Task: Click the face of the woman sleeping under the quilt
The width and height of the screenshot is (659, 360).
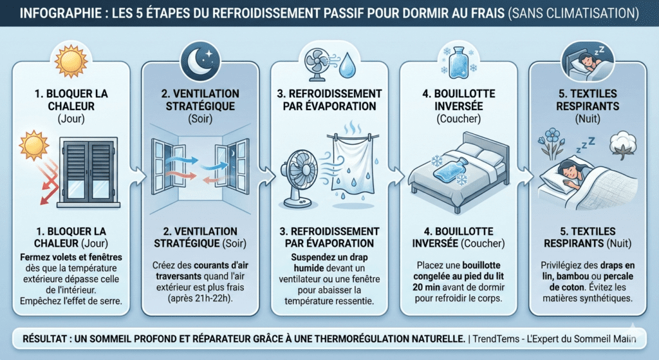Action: [565, 173]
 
